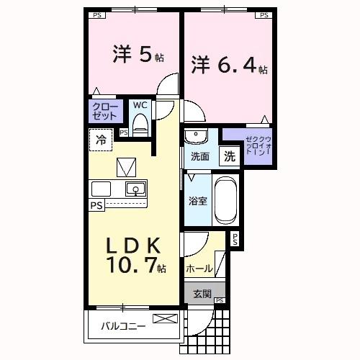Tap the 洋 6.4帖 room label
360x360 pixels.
pyautogui.click(x=229, y=66)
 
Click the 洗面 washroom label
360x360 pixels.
pyautogui.click(x=199, y=156)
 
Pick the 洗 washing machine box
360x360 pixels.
pyautogui.click(x=228, y=156)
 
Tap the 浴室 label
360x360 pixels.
pyautogui.click(x=198, y=201)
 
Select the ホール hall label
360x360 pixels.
pyautogui.click(x=199, y=269)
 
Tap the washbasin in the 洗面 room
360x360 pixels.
pyautogui.click(x=195, y=137)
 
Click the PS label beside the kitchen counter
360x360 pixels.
pyautogui.click(x=96, y=205)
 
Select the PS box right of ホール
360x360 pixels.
pyautogui.click(x=235, y=240)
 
